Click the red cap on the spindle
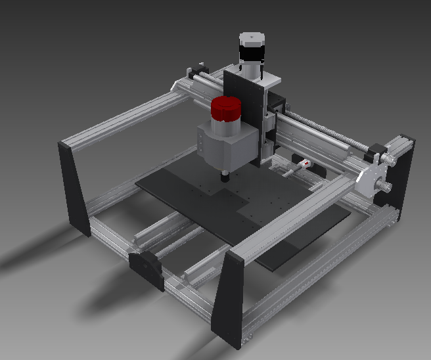227,109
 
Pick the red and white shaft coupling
304,162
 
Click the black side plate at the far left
74,187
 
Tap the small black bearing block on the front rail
147,268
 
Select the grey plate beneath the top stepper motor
266,80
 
